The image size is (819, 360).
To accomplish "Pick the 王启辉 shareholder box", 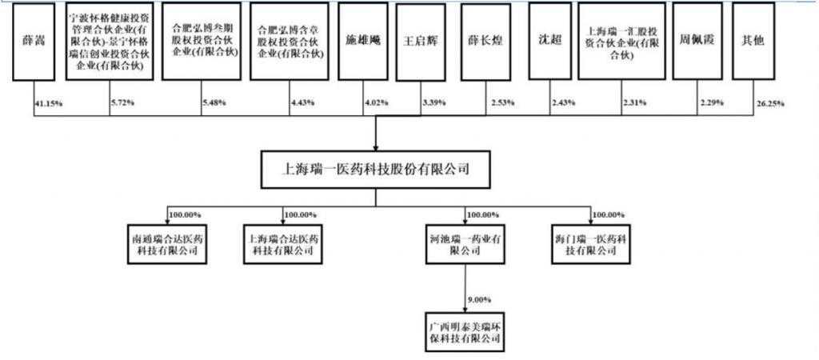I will tap(421, 42).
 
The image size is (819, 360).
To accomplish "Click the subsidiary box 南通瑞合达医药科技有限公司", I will tap(166, 243).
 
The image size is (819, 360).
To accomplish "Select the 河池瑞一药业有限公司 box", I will tap(464, 243).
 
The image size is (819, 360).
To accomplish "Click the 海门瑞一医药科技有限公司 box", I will tap(589, 243).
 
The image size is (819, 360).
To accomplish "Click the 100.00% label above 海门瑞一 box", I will tap(608, 215).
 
